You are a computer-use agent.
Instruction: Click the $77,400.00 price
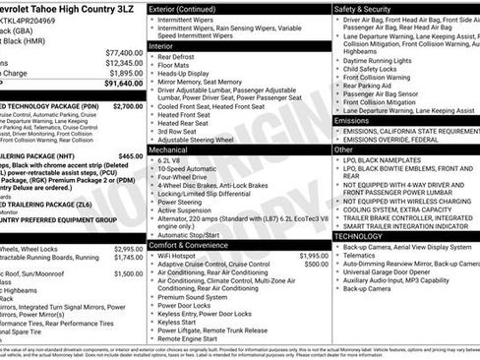pos(123,51)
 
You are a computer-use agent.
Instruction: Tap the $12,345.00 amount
pos(123,62)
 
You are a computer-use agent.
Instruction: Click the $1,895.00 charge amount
pos(125,73)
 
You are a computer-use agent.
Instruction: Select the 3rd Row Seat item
pos(183,130)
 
